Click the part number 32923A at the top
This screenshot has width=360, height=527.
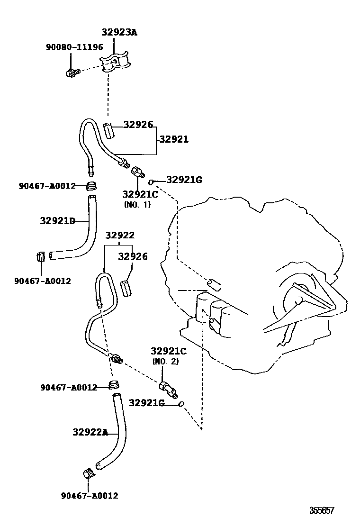[x=119, y=32]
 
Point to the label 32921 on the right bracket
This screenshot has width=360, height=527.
[x=174, y=139]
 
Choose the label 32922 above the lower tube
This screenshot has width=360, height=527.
[x=120, y=236]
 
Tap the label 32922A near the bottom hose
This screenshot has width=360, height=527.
[x=90, y=432]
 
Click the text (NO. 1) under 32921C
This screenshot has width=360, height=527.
[x=137, y=205]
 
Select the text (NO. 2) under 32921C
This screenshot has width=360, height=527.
[x=165, y=361]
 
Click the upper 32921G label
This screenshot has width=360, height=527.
[x=184, y=180]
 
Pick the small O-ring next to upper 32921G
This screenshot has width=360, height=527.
[x=151, y=182]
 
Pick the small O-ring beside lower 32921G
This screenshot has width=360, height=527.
[x=181, y=404]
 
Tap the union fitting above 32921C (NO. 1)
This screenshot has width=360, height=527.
[x=138, y=172]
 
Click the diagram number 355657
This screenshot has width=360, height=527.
[x=322, y=510]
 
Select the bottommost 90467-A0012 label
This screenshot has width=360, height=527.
[x=90, y=496]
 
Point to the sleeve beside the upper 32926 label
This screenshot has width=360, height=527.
[x=109, y=130]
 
